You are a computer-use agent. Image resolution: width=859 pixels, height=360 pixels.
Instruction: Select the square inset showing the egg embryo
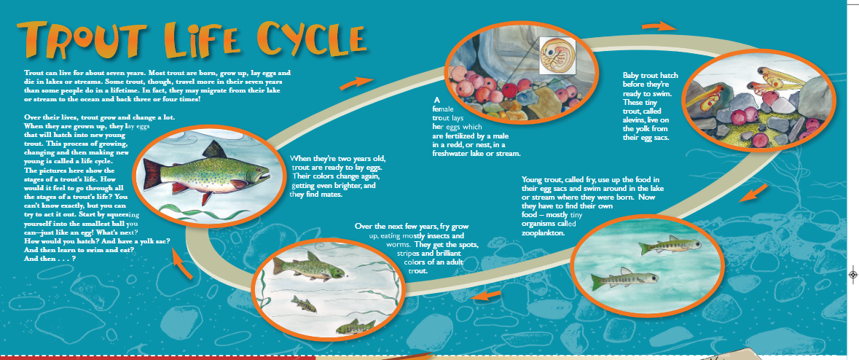(555, 55)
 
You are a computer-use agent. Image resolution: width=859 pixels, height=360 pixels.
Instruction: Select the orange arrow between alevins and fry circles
(757, 195)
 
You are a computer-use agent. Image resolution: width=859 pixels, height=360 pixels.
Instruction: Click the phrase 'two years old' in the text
(362, 158)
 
